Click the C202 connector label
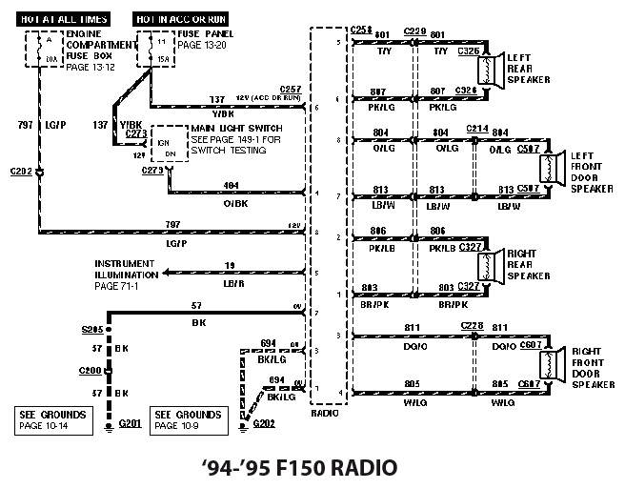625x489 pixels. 20,173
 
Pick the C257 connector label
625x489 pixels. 290,89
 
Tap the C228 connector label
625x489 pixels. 472,326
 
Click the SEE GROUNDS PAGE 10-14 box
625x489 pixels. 56,419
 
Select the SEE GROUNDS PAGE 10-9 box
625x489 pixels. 188,419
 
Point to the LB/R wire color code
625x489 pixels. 231,284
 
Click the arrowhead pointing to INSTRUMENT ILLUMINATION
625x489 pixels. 168,273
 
